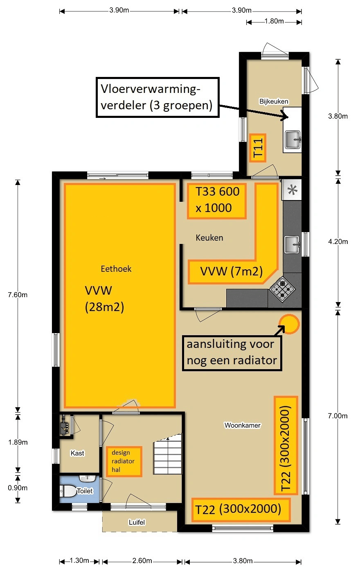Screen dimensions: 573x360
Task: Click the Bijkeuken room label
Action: click(x=274, y=102)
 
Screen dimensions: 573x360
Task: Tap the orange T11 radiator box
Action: click(x=258, y=147)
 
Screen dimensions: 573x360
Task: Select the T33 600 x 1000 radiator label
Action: click(x=217, y=200)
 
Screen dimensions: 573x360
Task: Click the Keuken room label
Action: click(x=209, y=238)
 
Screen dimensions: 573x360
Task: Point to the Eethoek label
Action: click(x=116, y=269)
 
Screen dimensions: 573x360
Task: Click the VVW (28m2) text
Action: click(x=104, y=299)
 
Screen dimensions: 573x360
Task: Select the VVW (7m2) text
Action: click(x=231, y=271)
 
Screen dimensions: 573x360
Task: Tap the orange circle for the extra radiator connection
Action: click(x=289, y=324)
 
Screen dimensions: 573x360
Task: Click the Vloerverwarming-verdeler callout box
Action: click(x=157, y=97)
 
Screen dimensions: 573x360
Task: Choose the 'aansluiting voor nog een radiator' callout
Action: click(x=232, y=352)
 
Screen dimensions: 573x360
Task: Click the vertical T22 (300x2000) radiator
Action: click(x=286, y=445)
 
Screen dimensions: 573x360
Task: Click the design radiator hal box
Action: click(x=124, y=461)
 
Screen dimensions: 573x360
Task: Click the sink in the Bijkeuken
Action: click(x=292, y=139)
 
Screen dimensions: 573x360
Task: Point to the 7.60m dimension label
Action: click(x=18, y=295)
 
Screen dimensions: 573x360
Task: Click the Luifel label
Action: click(x=137, y=522)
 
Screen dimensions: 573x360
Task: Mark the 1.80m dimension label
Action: click(x=274, y=21)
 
